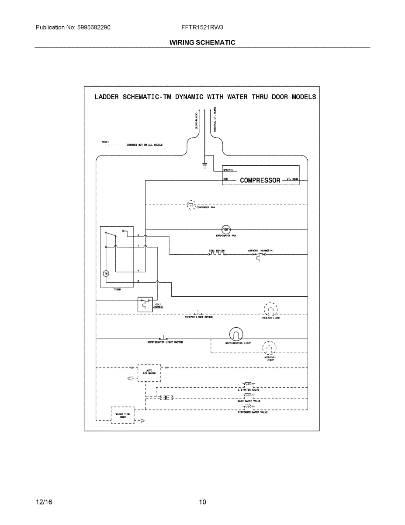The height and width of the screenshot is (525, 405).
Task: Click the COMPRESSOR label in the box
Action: (x=260, y=180)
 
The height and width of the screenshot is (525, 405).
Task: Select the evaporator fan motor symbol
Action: (x=226, y=229)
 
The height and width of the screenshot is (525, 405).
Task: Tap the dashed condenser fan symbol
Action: (x=191, y=204)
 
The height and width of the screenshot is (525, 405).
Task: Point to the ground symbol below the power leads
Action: (x=204, y=165)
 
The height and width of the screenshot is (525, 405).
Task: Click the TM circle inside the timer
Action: (x=105, y=273)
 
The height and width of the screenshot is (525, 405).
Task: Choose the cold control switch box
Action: (x=145, y=304)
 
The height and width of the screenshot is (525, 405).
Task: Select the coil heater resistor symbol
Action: (x=217, y=254)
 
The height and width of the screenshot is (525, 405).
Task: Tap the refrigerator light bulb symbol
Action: (x=236, y=335)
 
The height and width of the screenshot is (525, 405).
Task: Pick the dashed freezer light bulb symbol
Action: (x=270, y=310)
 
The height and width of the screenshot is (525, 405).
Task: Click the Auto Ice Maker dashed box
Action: (x=149, y=372)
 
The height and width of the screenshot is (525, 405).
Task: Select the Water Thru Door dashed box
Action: (x=122, y=414)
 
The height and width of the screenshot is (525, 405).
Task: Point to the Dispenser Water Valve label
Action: (x=253, y=413)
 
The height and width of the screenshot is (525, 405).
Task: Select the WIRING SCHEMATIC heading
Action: (x=202, y=42)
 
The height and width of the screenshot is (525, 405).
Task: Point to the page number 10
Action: (x=202, y=502)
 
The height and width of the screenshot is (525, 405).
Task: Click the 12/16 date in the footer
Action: (x=44, y=502)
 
